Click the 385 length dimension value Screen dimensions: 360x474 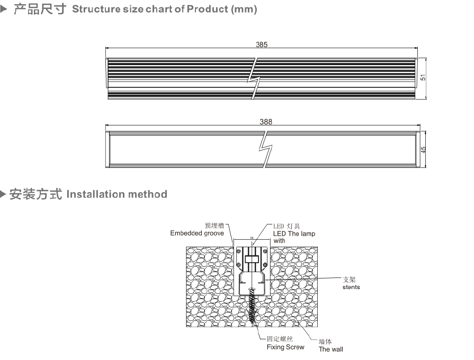(x=262, y=45)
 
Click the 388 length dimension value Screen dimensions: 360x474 (x=266, y=122)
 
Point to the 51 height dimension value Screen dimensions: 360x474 (x=423, y=77)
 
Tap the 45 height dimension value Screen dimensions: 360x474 (x=423, y=150)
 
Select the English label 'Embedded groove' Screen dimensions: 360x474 (x=197, y=233)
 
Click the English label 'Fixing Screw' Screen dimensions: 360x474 (x=285, y=347)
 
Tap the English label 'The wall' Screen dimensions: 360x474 (x=330, y=349)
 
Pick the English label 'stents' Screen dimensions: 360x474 (x=351, y=287)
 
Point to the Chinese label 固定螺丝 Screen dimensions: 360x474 (x=280, y=339)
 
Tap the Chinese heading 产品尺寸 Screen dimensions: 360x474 (x=40, y=10)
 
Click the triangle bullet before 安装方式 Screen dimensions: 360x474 (x=4, y=194)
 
